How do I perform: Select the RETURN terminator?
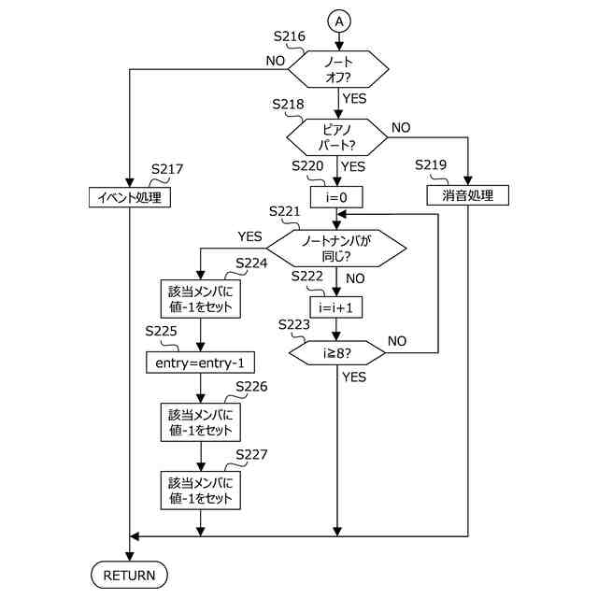pos(129,574)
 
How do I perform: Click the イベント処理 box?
pos(130,197)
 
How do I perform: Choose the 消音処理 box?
pos(467,196)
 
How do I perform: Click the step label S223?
pos(296,323)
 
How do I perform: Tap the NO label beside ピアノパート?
pos(401,126)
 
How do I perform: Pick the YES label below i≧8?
pos(354,377)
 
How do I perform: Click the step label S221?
pos(284,212)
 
